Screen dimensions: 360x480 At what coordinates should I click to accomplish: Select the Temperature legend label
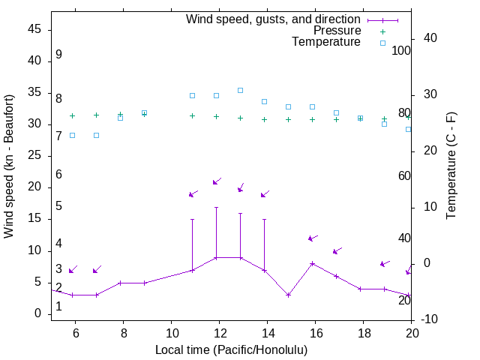click(325, 43)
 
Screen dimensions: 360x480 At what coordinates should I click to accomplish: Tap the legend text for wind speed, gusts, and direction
click(274, 19)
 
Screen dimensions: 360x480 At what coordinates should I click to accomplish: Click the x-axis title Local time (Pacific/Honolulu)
click(231, 350)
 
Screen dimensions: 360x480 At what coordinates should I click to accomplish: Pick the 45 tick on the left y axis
click(34, 29)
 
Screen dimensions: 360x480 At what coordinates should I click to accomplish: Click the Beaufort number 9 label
click(58, 55)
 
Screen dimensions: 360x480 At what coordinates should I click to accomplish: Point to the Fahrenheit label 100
click(402, 51)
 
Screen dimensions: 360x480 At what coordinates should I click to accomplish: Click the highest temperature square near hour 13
click(240, 90)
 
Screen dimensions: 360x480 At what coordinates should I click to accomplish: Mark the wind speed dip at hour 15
click(288, 295)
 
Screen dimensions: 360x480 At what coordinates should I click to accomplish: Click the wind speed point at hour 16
click(312, 263)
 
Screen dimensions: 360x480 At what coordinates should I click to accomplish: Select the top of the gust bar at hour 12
click(216, 207)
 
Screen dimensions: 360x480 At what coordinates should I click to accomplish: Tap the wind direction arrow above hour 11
click(193, 193)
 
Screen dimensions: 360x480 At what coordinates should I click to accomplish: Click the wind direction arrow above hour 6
click(73, 269)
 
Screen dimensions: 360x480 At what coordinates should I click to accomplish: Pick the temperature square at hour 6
click(72, 135)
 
